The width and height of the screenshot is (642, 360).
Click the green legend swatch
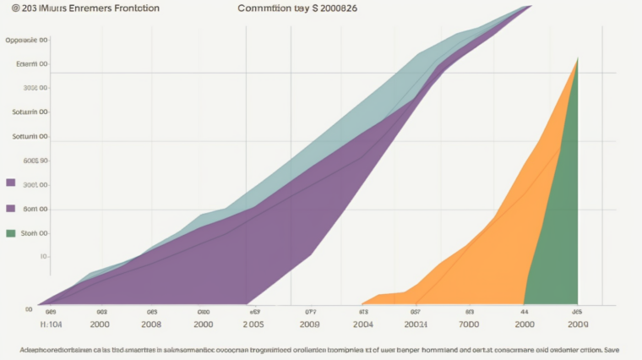point(11,233)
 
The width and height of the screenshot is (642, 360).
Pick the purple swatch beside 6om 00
point(11,209)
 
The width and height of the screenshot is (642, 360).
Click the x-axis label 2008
point(151,324)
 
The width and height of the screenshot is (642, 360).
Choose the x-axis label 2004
point(363,324)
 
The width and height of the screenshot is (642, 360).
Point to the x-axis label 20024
point(416,324)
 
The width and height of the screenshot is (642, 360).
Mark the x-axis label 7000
point(469,324)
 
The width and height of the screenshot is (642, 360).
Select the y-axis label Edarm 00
point(32,64)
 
